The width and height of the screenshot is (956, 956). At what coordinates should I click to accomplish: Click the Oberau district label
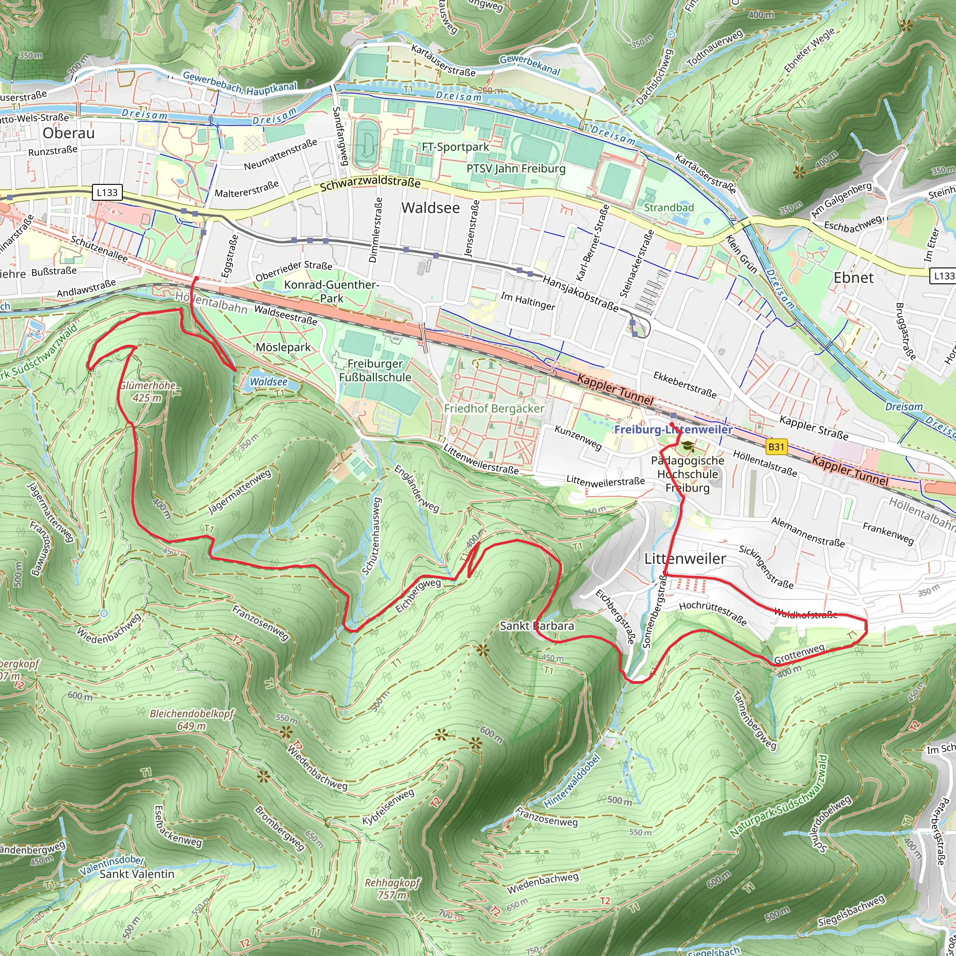[68, 133]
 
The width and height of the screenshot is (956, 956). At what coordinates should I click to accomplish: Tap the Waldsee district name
[430, 208]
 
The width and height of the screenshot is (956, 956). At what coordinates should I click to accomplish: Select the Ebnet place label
[854, 278]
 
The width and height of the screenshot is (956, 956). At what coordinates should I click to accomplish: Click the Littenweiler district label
[685, 559]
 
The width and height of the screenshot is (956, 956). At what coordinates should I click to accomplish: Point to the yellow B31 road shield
[776, 447]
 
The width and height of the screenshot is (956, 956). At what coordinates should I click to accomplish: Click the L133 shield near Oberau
[107, 192]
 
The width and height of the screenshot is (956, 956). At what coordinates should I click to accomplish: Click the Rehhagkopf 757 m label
[393, 889]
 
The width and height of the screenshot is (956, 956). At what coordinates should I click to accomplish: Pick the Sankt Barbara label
[537, 626]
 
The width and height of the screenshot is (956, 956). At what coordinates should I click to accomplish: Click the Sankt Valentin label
[137, 874]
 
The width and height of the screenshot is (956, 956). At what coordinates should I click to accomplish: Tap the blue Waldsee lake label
[268, 381]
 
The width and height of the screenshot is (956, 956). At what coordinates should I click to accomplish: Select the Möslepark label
[283, 347]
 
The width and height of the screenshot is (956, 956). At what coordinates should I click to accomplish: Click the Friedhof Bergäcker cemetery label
[494, 409]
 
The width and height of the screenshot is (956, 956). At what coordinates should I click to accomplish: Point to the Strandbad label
[668, 208]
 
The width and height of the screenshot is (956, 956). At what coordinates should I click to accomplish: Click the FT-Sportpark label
[455, 147]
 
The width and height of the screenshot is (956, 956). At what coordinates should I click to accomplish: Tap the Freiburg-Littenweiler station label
[673, 429]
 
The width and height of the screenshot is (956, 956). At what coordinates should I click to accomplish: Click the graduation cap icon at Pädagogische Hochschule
[687, 447]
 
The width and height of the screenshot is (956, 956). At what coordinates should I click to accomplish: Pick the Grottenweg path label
[799, 654]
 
